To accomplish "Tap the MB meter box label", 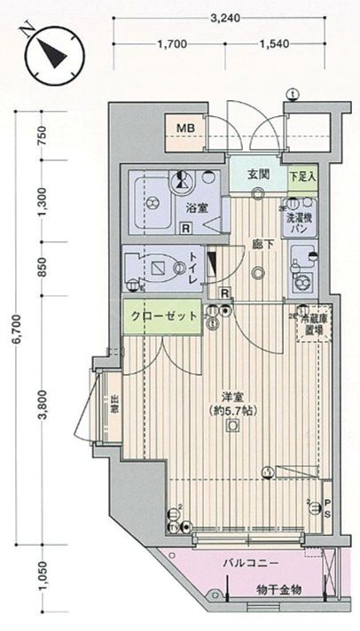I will (184, 130).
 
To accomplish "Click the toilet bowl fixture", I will (156, 267).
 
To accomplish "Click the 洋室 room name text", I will (231, 398).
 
